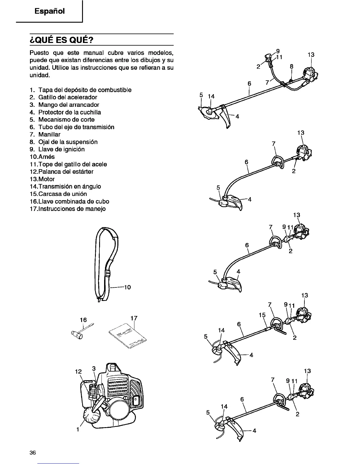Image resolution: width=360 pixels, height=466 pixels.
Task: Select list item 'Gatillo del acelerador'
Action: coord(68,97)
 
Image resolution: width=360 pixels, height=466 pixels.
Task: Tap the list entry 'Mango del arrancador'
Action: coord(69,105)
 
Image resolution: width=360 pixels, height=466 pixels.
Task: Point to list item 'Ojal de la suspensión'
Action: coord(68,142)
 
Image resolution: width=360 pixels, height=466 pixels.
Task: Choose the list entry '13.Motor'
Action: coord(42,179)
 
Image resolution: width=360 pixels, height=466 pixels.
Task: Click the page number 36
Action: coord(33,453)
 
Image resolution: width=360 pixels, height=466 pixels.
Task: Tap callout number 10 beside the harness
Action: coord(127,287)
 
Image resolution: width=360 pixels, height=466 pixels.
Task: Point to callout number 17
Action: coord(134,318)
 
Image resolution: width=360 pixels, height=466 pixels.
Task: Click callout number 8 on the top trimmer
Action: coord(291,66)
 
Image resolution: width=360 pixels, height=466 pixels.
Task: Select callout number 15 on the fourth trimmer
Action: coord(262,315)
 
